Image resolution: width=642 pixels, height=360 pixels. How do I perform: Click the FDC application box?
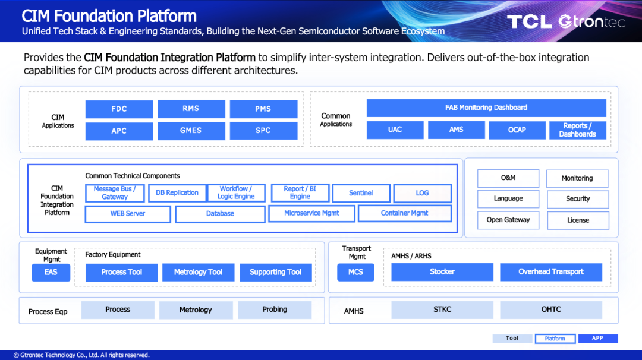click(x=119, y=109)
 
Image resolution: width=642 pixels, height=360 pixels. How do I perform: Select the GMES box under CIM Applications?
click(x=191, y=131)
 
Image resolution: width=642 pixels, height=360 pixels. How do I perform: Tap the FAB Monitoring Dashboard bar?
click(x=486, y=108)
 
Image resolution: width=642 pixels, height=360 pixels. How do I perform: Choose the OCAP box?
click(x=517, y=130)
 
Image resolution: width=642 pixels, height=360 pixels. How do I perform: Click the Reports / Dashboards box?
click(x=577, y=130)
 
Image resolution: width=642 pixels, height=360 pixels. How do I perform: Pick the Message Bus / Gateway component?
click(x=115, y=192)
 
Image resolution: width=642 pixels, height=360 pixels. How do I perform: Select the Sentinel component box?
click(x=361, y=193)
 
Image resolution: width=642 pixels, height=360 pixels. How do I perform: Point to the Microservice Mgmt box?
click(x=311, y=213)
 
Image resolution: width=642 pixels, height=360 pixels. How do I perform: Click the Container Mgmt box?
click(x=405, y=213)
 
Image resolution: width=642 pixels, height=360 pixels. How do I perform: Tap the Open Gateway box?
click(x=508, y=220)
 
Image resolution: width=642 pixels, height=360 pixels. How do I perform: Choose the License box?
click(x=578, y=220)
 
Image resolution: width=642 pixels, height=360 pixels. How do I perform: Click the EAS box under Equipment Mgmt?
click(x=51, y=273)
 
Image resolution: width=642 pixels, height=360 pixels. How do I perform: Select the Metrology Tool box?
click(x=198, y=273)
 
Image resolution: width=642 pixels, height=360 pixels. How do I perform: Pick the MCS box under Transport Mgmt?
click(x=355, y=273)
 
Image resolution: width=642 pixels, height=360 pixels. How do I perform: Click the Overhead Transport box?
click(x=550, y=272)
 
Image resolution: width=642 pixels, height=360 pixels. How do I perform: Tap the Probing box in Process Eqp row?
click(x=275, y=310)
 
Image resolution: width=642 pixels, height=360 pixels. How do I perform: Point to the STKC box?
click(x=442, y=310)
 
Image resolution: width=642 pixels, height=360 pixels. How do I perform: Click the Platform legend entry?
click(x=555, y=339)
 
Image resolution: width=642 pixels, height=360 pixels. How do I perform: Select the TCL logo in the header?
click(x=530, y=21)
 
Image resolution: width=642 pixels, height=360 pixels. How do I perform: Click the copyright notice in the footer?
click(x=81, y=355)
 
